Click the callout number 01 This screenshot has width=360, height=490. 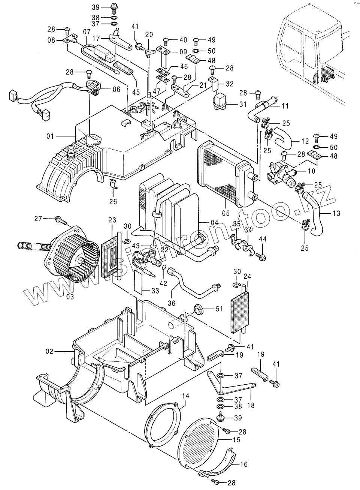[x=51, y=136]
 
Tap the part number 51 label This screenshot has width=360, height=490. [x=219, y=309]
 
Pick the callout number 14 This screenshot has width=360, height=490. [x=185, y=396]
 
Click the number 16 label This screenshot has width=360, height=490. [x=244, y=464]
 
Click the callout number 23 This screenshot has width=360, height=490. [x=112, y=220]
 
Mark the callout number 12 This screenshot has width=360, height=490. [x=305, y=141]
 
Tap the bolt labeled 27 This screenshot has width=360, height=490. [x=60, y=219]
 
